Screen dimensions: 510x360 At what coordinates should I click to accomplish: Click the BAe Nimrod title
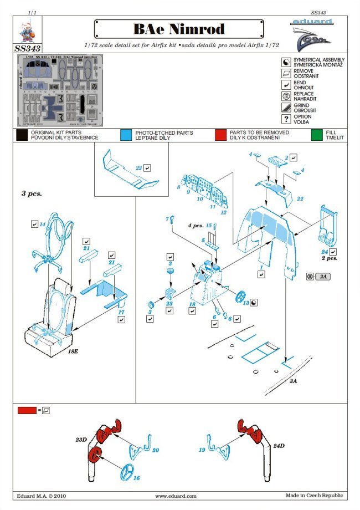pos(178,29)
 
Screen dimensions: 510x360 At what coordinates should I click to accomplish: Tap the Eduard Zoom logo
pos(312,33)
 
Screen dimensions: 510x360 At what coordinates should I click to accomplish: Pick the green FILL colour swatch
pos(317,135)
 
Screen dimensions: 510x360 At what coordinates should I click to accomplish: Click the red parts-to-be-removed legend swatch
pos(221,135)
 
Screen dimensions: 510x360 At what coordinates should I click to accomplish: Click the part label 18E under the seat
pos(73,351)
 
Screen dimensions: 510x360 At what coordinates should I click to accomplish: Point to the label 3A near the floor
pos(293,382)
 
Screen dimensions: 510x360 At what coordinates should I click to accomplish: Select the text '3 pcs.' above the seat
pos(31,194)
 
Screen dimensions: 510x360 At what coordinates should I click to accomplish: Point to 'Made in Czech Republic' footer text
pos(314,496)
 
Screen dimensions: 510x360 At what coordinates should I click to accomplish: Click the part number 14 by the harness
pos(42,225)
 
